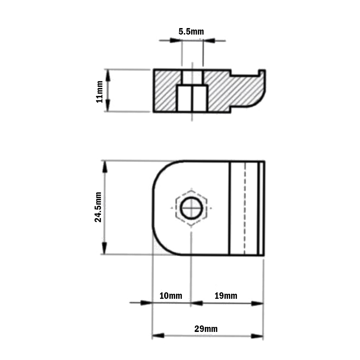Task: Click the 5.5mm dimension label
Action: (191, 32)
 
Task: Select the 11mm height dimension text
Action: (100, 91)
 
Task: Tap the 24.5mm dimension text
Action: (98, 207)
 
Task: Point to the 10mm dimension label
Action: (171, 296)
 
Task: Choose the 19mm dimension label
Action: (226, 296)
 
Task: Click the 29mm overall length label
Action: (206, 329)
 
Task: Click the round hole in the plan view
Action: (190, 208)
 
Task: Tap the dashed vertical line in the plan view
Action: (245, 208)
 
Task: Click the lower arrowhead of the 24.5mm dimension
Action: (105, 248)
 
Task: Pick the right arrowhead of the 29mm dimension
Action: (258, 336)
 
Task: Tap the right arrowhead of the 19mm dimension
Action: (258, 303)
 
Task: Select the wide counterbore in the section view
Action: (192, 98)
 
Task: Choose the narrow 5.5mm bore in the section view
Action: (192, 77)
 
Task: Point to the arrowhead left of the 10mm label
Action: (146, 303)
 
